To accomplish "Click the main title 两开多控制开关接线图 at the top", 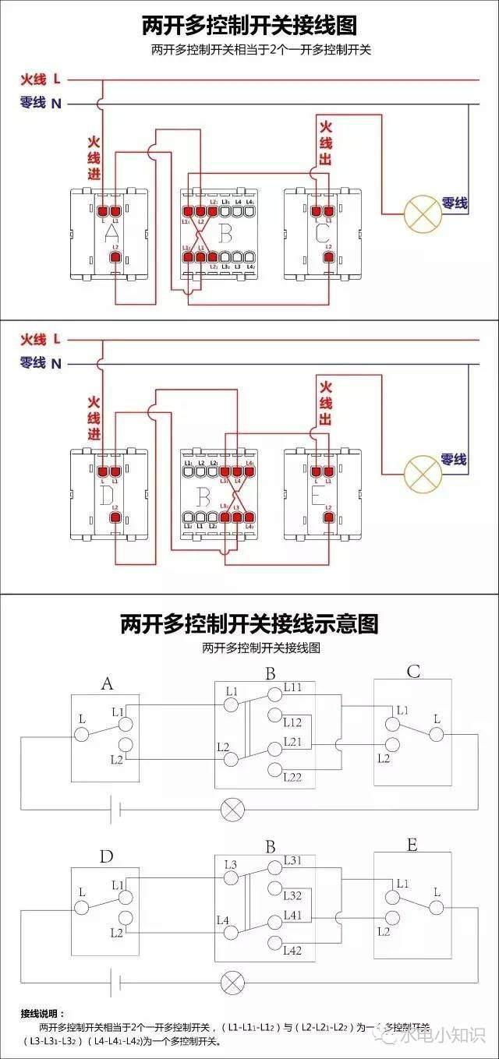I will pyautogui.click(x=249, y=25).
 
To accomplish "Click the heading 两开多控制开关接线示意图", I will pyautogui.click(x=249, y=623).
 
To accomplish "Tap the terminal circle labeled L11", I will pyautogui.click(x=274, y=693).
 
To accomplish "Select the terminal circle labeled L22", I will pyautogui.click(x=274, y=771).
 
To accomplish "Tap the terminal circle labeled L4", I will pyautogui.click(x=231, y=933).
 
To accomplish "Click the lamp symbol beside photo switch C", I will pyautogui.click(x=422, y=213).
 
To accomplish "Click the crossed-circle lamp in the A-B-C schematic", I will pyautogui.click(x=232, y=808).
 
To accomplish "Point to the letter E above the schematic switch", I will pyautogui.click(x=412, y=845).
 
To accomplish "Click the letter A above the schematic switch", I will pyautogui.click(x=107, y=683).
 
